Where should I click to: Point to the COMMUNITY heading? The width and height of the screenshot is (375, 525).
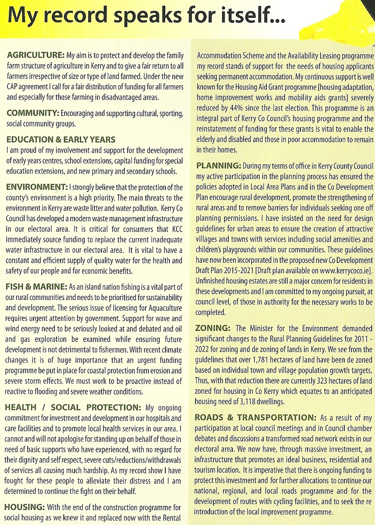[x=32, y=114]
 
